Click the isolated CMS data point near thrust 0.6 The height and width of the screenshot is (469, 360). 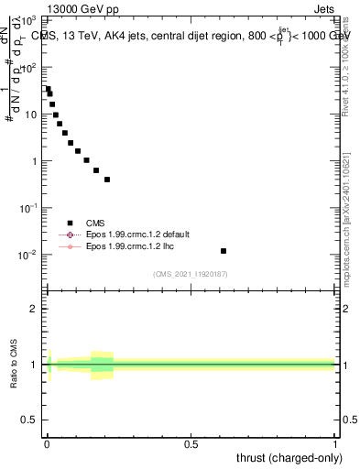click(224, 251)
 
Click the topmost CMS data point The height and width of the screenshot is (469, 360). click(48, 89)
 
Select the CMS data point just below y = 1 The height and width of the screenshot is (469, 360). click(95, 169)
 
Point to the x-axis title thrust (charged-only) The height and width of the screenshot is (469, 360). click(292, 457)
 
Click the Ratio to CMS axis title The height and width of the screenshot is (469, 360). click(14, 363)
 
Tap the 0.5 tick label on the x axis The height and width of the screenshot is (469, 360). click(191, 444)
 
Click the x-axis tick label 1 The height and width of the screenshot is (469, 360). click(336, 444)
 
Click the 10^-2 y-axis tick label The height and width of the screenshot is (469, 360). click(30, 255)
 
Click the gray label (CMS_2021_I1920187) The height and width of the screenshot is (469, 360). click(191, 273)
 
